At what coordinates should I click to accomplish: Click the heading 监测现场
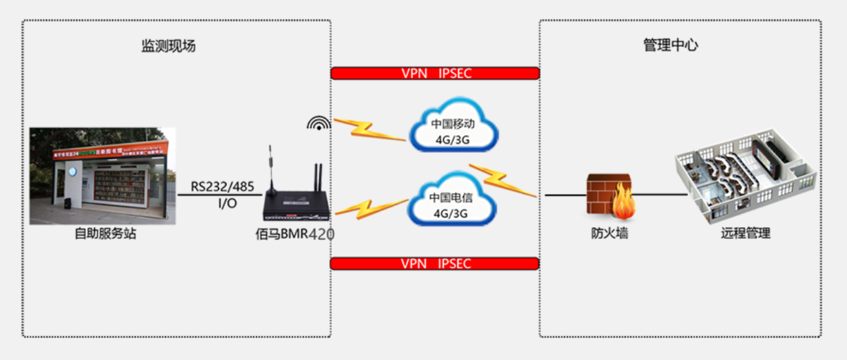(x=169, y=46)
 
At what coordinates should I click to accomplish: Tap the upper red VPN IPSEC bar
(x=435, y=74)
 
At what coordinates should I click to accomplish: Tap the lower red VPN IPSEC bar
(x=435, y=264)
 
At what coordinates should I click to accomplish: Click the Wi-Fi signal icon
(x=318, y=124)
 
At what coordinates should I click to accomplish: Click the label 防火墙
(x=610, y=233)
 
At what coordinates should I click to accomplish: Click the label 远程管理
(x=745, y=233)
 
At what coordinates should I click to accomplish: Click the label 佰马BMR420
(x=294, y=234)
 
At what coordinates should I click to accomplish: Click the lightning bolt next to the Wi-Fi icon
(x=369, y=129)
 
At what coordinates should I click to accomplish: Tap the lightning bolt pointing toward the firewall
(x=503, y=180)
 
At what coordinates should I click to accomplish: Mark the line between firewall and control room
(x=661, y=195)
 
